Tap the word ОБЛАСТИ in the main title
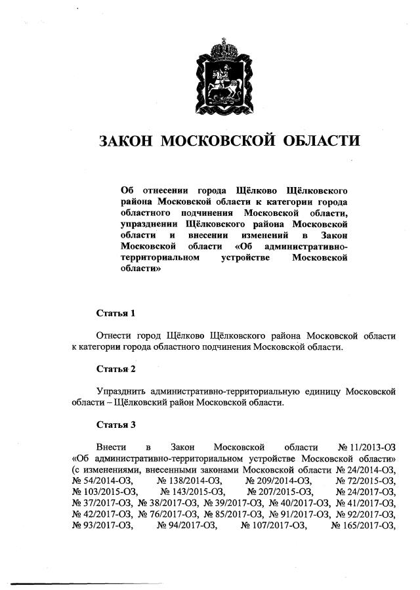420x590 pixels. (322, 141)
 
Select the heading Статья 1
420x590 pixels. (115, 312)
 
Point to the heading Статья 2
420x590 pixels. (115, 369)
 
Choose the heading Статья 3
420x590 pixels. (115, 425)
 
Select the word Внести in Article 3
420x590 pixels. (109, 447)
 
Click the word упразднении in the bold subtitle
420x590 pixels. (149, 224)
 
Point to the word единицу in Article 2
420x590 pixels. (321, 391)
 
